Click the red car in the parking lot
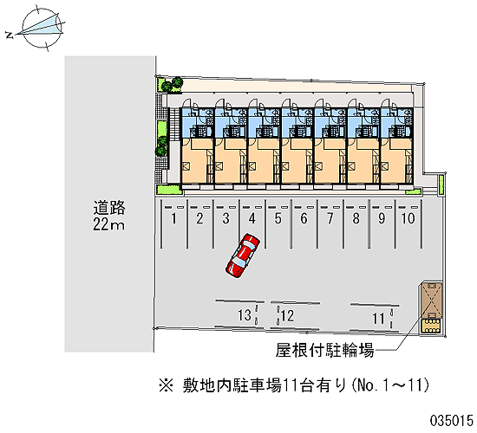[x=243, y=255]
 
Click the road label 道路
[x=109, y=208]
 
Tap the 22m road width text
[x=108, y=225]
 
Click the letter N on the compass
[x=10, y=36]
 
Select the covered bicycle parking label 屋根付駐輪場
[x=324, y=350]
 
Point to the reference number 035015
[x=452, y=421]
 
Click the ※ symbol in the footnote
[x=167, y=386]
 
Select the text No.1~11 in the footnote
[x=390, y=385]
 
